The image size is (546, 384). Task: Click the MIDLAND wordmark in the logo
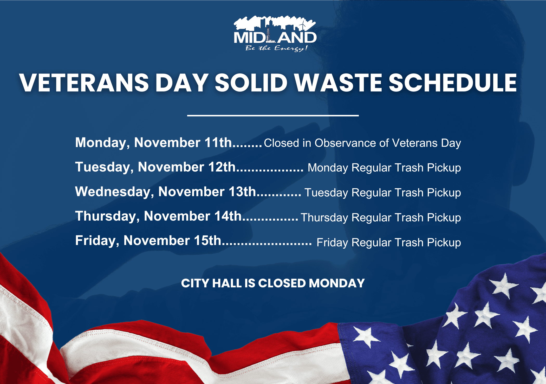tap(275, 38)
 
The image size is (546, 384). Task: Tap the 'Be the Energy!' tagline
tap(276, 48)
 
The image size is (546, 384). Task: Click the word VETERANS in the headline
tap(84, 83)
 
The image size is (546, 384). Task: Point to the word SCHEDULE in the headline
tap(453, 83)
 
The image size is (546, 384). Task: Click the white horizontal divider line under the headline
tap(273, 115)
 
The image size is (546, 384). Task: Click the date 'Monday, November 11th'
tap(153, 143)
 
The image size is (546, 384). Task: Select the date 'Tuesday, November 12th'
tap(155, 167)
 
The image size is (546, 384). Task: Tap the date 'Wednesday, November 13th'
tap(166, 192)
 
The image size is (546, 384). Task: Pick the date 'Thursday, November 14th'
tap(158, 216)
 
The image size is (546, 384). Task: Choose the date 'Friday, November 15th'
tap(148, 241)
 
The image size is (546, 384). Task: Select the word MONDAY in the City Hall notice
tap(337, 283)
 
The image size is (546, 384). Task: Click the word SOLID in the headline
tap(251, 83)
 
